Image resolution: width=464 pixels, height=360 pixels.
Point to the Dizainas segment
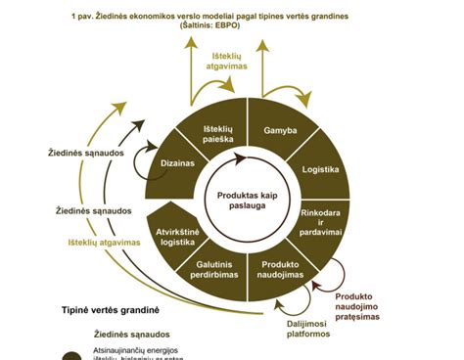[x=176, y=165]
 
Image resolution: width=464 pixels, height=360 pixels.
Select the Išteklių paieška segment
[x=220, y=135]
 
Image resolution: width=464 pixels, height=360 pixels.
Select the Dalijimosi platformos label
[x=302, y=328]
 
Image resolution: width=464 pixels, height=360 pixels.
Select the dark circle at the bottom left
[x=70, y=355]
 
